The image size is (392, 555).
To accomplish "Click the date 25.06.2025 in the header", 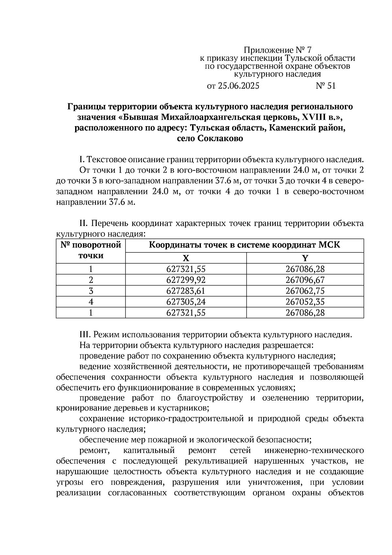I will coord(238,86).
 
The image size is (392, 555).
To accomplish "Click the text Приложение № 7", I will coord(278,50).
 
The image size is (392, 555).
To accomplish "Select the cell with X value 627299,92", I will coord(186,280).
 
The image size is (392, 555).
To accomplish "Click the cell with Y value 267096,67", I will coord(305,280).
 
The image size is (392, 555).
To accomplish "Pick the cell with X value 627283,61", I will coord(186,291).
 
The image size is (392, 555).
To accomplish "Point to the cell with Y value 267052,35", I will coord(305,302).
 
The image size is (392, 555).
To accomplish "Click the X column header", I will coord(186,258).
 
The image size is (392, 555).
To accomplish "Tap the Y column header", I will coord(305,258).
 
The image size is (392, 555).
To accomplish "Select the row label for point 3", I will coord(91,291).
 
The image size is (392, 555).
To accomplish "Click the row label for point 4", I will coord(91,302).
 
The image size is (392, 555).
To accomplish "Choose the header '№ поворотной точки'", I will coord(91,250).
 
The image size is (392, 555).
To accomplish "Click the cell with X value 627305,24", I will coord(186,302).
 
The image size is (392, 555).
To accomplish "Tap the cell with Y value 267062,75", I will coord(305,291).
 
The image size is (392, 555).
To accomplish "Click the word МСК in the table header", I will coord(330,245).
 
